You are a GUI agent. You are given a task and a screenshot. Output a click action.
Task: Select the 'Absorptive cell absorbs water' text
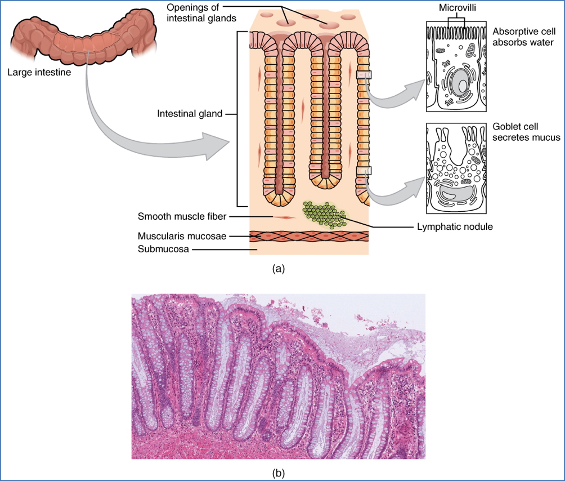click(523, 37)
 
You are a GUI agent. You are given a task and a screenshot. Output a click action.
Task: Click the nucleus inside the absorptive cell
click(459, 84)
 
